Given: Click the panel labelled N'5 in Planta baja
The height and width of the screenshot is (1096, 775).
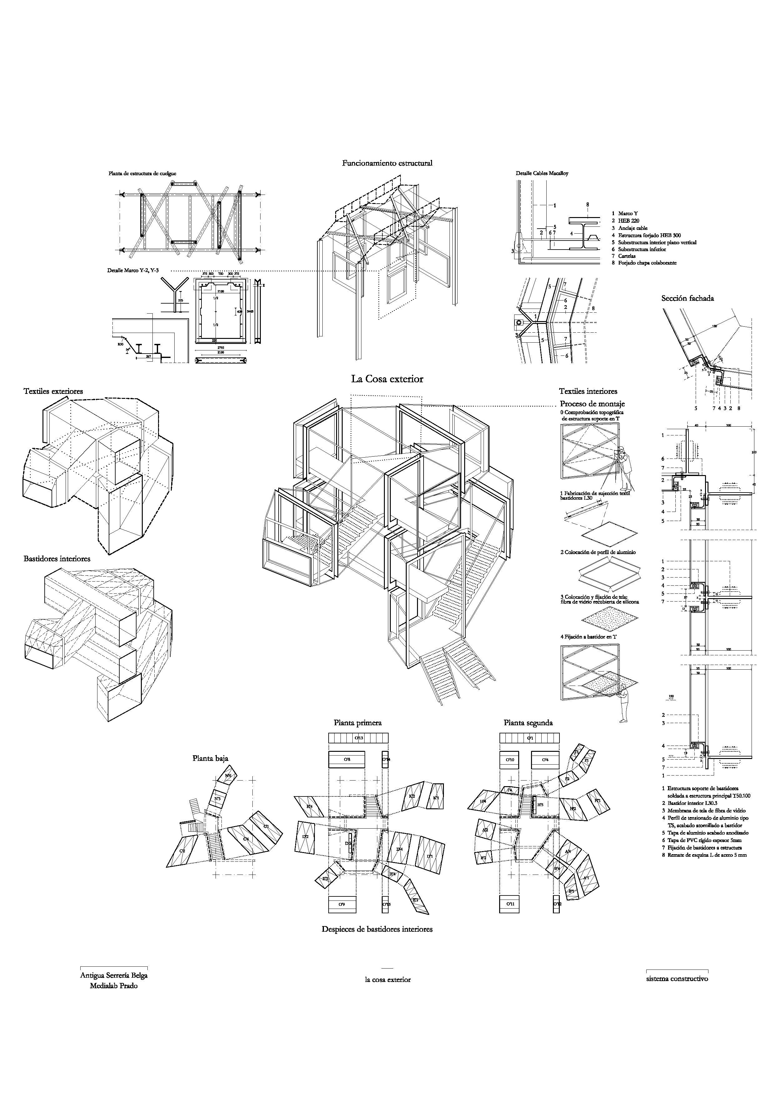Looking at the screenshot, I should pos(217,798).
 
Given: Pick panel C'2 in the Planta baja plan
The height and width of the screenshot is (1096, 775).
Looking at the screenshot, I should pos(182,851).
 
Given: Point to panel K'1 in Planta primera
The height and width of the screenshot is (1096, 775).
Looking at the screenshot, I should pos(436,798).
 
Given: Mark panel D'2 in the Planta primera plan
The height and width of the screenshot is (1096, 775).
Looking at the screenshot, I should pos(306,837).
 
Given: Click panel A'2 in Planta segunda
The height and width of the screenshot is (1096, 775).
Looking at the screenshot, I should pos(485,830).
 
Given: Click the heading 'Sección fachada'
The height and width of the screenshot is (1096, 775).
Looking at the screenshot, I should pos(687,298).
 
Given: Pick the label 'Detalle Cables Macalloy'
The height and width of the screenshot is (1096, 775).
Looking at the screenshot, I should pos(542,173).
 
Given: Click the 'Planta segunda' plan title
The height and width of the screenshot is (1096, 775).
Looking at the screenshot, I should pos(528,723).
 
